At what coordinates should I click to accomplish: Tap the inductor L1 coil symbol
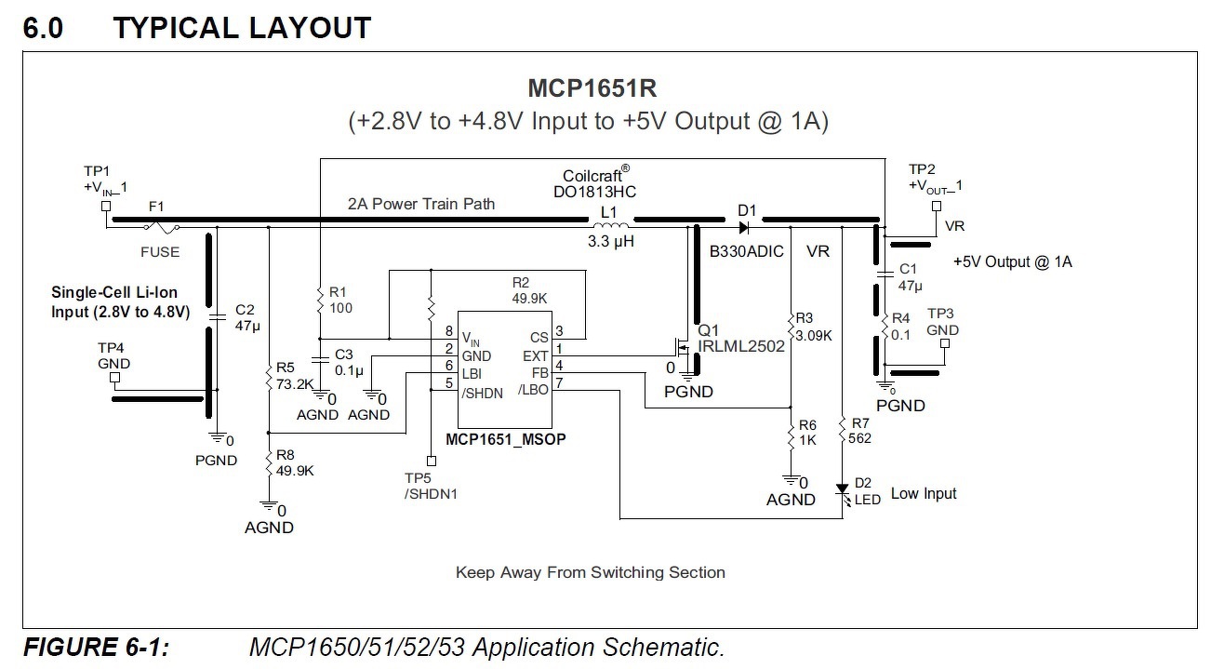point(610,224)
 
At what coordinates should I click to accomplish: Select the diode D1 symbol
point(744,225)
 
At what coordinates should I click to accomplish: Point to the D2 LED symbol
point(843,490)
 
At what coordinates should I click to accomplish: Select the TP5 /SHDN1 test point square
point(431,461)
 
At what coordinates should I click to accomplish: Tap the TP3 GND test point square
point(946,344)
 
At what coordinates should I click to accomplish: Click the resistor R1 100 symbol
point(319,300)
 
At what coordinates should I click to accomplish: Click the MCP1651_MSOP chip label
point(506,436)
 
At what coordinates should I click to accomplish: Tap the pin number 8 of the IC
point(448,332)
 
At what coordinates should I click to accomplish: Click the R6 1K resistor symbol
point(790,435)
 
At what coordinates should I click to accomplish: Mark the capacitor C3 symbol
point(319,357)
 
